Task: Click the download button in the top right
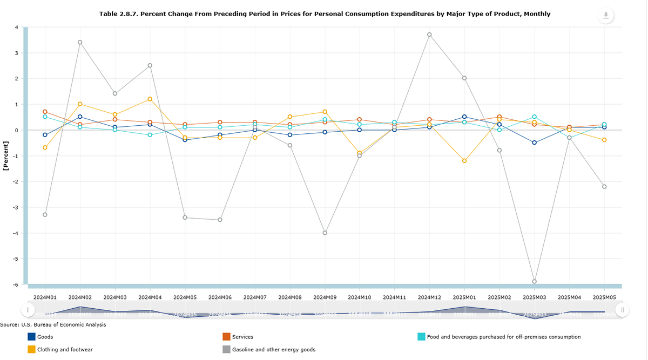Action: (x=606, y=16)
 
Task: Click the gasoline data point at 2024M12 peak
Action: (x=429, y=35)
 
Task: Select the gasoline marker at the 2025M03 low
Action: (x=534, y=281)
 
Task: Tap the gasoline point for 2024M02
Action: (x=80, y=42)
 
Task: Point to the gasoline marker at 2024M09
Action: (x=325, y=233)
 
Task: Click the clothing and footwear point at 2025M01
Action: (x=464, y=160)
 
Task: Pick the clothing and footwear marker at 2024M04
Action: (x=150, y=99)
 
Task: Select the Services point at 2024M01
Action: (x=45, y=112)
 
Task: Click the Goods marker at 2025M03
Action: (x=534, y=142)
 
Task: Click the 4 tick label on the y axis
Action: (x=17, y=27)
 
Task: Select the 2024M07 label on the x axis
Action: (x=254, y=297)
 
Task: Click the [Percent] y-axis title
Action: (x=6, y=156)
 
